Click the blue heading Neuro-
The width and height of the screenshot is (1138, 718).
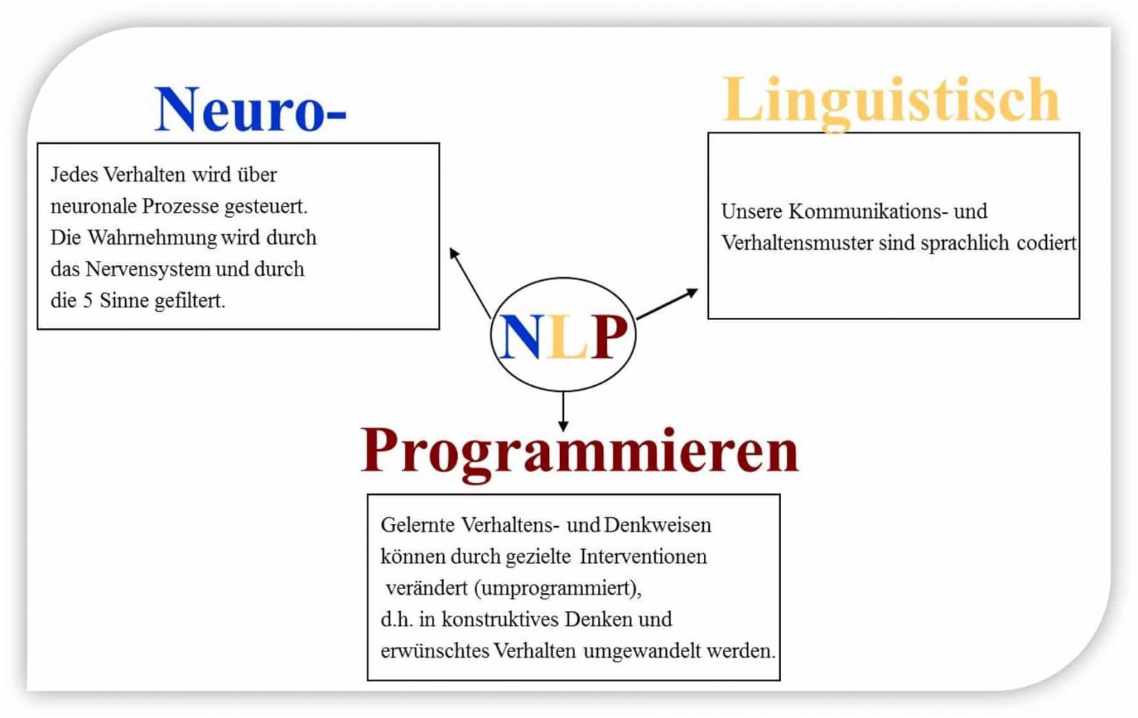250,110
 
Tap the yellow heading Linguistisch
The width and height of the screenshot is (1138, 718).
891,101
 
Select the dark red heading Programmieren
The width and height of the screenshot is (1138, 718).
579,451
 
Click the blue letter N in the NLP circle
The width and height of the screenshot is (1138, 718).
521,337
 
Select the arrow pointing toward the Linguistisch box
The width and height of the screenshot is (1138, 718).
667,304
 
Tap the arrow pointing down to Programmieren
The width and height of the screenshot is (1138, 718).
563,411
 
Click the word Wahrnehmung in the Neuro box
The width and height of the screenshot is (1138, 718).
152,238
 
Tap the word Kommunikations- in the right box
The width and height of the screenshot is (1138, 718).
868,212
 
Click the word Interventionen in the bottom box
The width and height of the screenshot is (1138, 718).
643,556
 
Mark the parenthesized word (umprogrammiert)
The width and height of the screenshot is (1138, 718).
557,588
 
